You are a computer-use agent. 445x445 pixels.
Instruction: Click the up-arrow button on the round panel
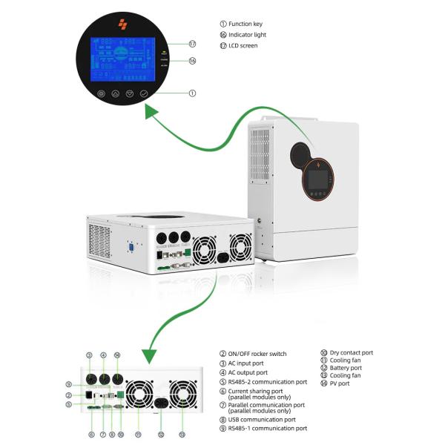115,94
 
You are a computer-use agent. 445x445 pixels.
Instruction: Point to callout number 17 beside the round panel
192,44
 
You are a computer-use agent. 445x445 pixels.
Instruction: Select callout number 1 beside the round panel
192,93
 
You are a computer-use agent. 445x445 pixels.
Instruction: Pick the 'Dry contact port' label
352,353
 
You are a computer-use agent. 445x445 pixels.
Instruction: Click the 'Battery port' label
346,368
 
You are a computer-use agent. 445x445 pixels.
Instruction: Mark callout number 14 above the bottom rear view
117,355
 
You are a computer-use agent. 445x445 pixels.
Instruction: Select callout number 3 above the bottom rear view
89,355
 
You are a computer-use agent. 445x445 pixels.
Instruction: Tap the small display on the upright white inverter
319,179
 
